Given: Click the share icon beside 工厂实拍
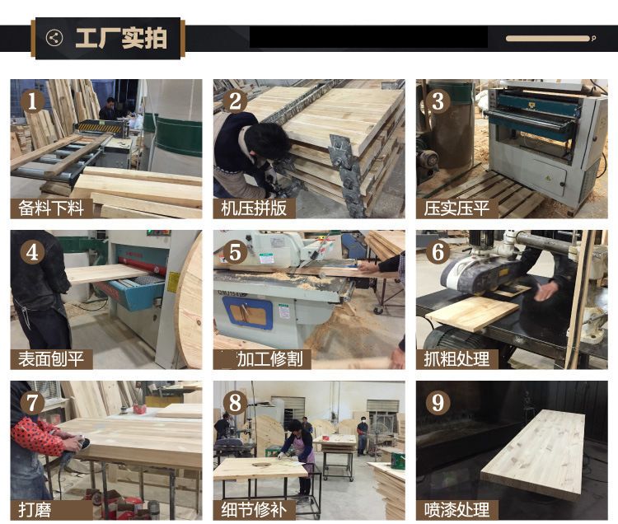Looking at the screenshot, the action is (54, 38).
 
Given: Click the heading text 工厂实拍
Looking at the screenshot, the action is (121, 38).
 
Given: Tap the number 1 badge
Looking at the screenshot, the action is (32, 101).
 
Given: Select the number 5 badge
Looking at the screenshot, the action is (236, 252).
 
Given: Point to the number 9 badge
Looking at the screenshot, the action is (438, 403).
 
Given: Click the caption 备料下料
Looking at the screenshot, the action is (51, 208).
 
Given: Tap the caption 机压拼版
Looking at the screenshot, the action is (254, 208).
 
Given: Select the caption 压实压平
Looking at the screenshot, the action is (456, 208).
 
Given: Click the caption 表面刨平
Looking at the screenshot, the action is (51, 359).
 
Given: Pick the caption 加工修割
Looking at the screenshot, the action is (270, 359).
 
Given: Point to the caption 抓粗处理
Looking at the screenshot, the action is (456, 359).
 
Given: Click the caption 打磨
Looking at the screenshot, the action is (35, 510).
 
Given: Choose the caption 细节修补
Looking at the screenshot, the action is (254, 510).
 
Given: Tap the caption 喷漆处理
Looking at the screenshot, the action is (456, 510).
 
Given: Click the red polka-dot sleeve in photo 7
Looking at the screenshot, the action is (37, 435).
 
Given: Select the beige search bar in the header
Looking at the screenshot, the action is (548, 39).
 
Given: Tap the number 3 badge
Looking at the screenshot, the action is (438, 101).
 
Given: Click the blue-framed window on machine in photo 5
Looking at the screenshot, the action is (247, 312).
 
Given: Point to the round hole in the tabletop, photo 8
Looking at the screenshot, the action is (260, 465).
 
